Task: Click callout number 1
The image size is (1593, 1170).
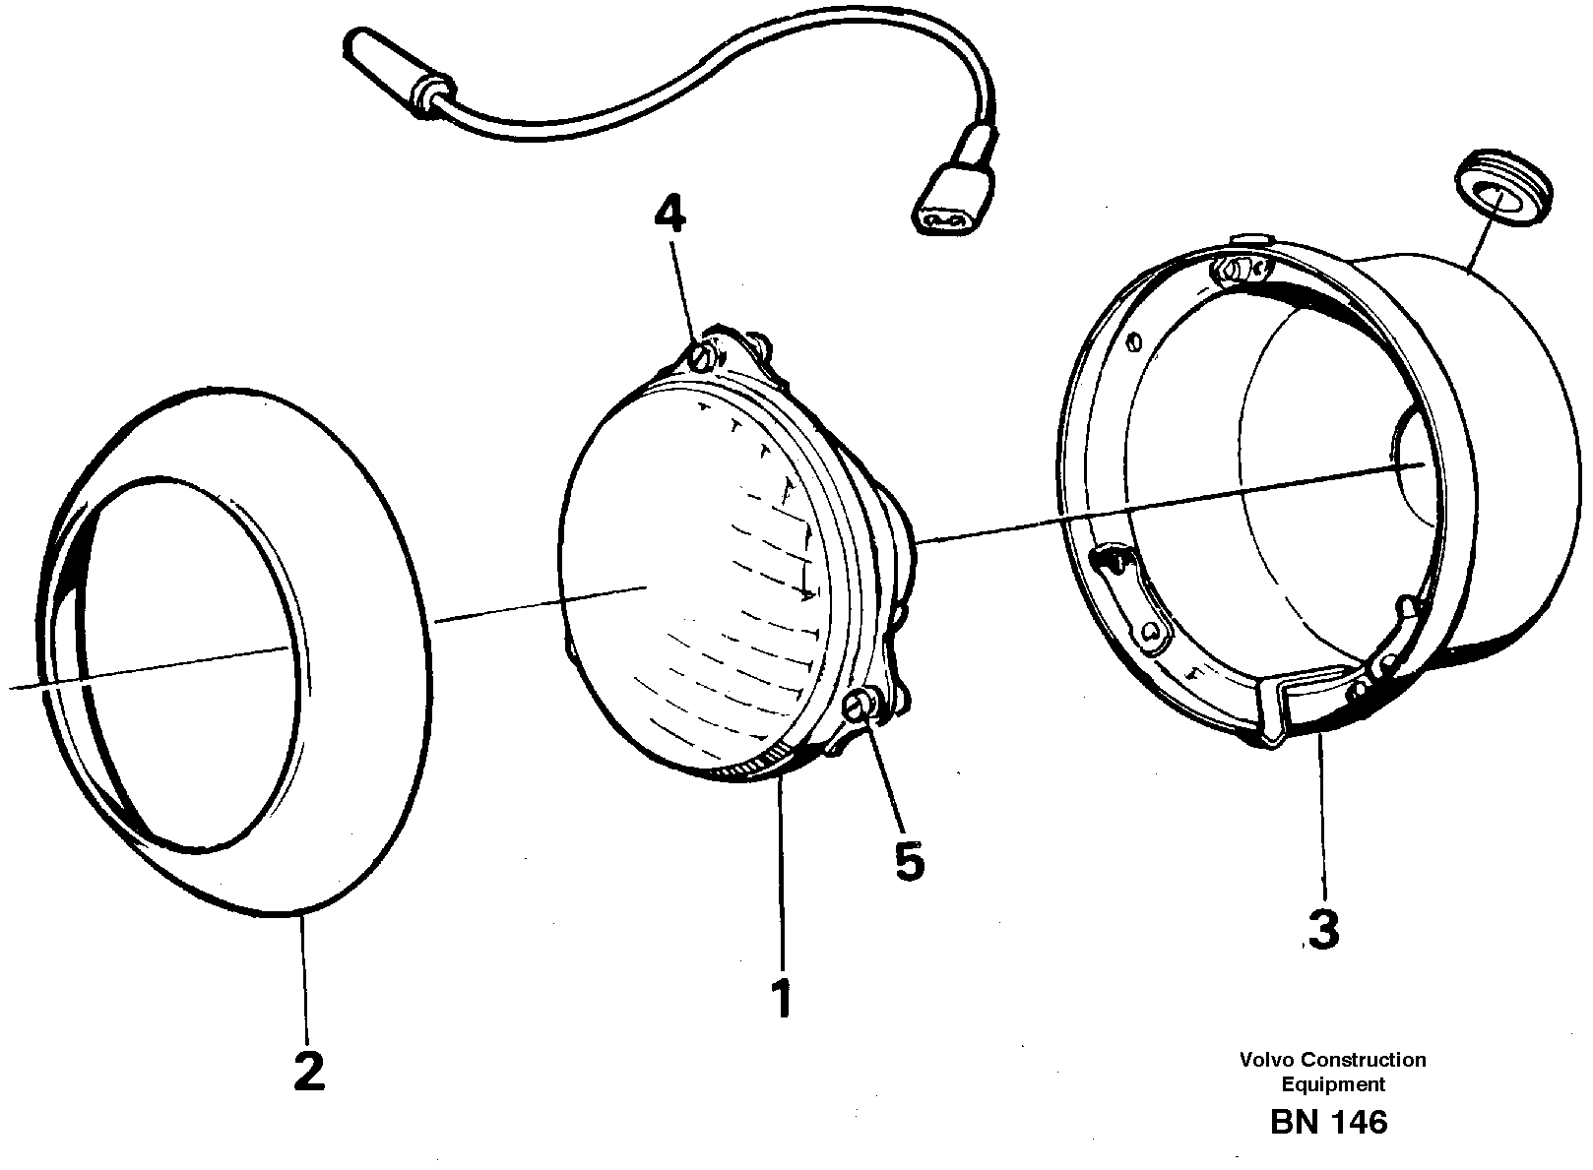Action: coord(782,999)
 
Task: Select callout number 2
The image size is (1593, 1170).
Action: coord(308,1071)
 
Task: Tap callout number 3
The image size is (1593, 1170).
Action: coord(1324,929)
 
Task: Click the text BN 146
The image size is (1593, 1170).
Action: coord(1328,1123)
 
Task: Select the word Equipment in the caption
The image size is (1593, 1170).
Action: coord(1332,1084)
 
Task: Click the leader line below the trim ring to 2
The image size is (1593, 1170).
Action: coord(305,974)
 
